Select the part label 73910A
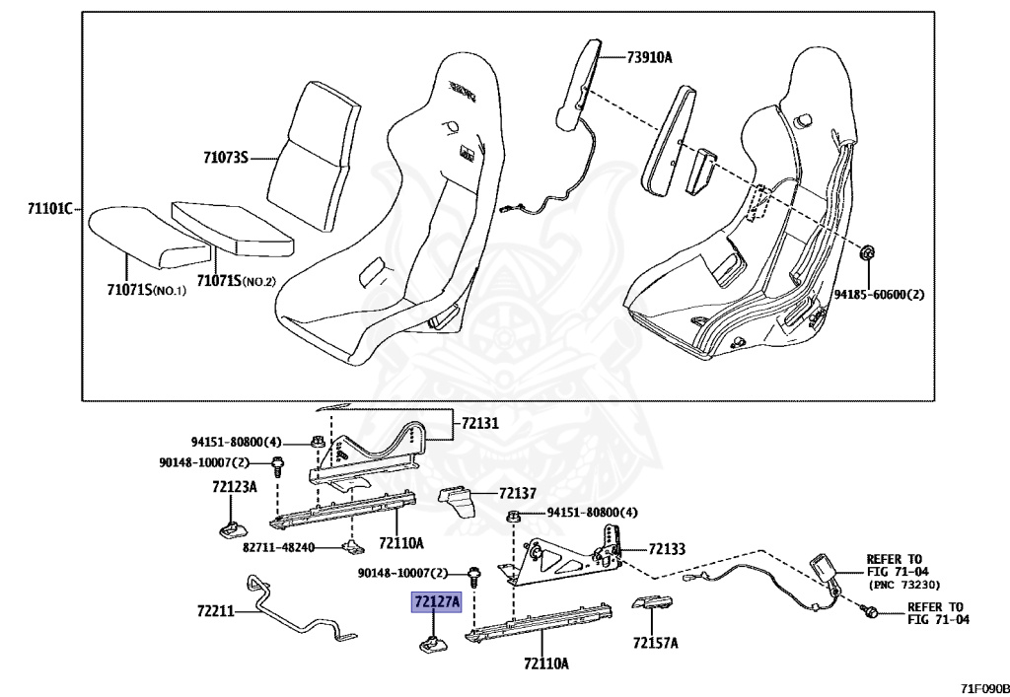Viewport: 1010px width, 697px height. (x=649, y=56)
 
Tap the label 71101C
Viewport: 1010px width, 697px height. (x=50, y=208)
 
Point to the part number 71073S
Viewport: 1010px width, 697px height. (x=226, y=157)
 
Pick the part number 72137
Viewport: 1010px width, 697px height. (x=517, y=493)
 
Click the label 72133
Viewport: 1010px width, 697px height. (x=667, y=549)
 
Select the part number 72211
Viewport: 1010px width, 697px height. (x=215, y=610)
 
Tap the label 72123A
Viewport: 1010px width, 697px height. (x=234, y=486)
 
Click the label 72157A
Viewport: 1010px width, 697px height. (x=655, y=644)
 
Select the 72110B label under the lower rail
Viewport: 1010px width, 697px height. (x=546, y=663)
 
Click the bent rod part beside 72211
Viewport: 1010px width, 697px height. (x=296, y=611)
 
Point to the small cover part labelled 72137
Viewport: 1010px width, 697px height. (x=457, y=501)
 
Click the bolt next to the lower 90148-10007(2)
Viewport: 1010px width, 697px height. (x=475, y=573)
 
